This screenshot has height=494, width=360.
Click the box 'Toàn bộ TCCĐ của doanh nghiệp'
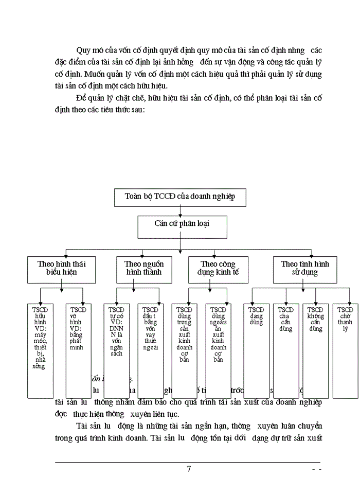[x=179, y=197]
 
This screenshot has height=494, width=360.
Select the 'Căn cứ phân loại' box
[x=179, y=224]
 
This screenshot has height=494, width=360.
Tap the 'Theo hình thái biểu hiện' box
[x=61, y=268]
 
